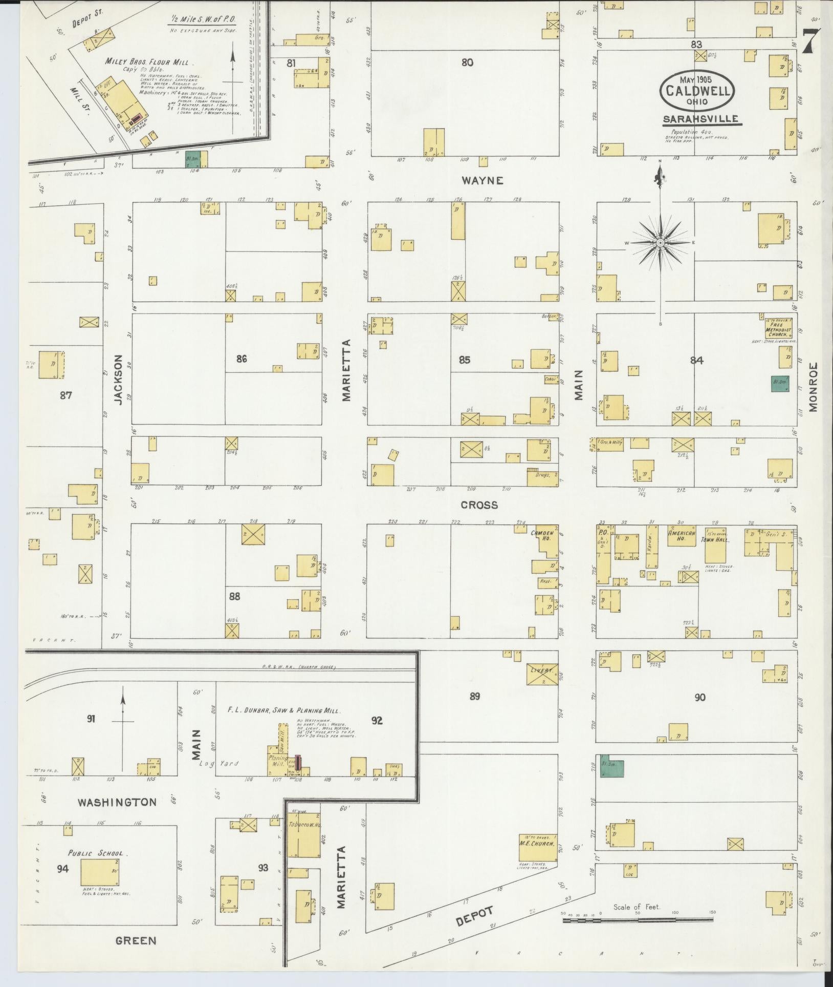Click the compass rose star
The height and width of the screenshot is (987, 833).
tap(660, 242)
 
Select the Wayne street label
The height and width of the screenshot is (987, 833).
tap(483, 180)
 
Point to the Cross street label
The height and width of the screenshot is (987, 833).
tap(479, 505)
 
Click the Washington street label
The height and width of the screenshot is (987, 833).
tap(117, 802)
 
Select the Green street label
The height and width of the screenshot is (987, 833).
tap(136, 940)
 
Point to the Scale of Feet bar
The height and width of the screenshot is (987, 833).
tap(638, 920)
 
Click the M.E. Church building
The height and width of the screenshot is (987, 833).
tap(537, 849)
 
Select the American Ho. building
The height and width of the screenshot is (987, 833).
tap(682, 538)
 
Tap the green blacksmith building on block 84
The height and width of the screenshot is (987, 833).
tap(780, 384)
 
